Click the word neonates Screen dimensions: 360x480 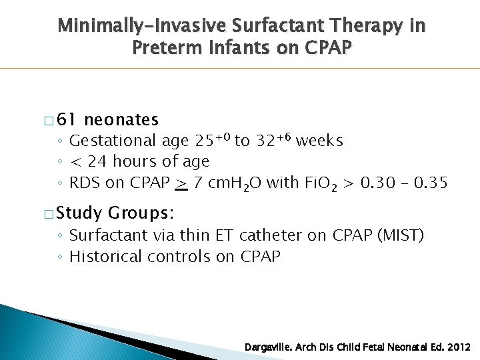[122, 120]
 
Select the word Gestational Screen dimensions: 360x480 [113, 141]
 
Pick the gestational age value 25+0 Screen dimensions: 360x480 [212, 140]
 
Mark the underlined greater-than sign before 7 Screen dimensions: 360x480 [181, 183]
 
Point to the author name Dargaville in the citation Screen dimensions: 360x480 [270, 348]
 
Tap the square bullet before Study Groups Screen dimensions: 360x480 [49, 215]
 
